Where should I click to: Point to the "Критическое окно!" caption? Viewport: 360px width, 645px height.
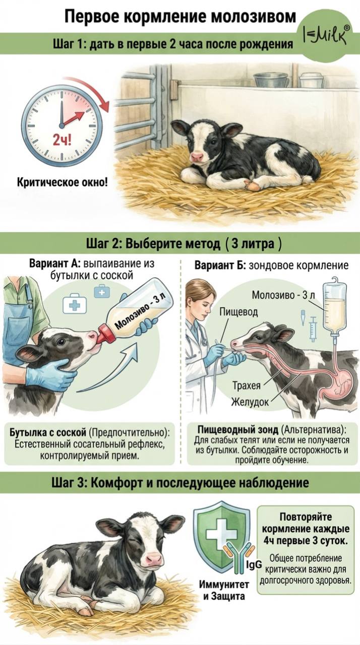point(63,182)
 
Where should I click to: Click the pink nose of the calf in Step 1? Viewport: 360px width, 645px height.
point(197,157)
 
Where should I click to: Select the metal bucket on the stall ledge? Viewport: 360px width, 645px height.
point(271,79)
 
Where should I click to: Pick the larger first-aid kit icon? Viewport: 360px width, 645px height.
point(75,304)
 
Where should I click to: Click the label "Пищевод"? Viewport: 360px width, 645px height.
point(239,311)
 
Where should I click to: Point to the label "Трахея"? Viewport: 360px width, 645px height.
point(247,385)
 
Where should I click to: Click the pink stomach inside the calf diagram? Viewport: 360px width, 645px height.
point(339,380)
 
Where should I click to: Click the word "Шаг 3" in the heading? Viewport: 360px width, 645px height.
point(68,483)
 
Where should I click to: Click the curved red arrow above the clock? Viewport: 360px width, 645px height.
point(88,89)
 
